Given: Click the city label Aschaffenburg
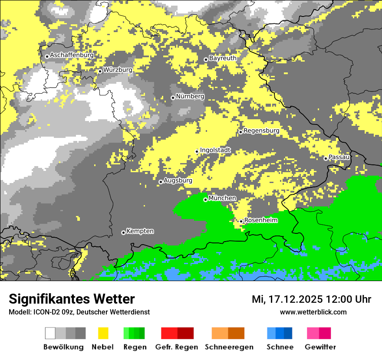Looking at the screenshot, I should coord(72,55).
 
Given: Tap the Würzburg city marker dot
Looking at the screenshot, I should coord(100,71).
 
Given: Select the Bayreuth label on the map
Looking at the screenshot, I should coord(223,58).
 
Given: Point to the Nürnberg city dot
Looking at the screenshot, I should coord(173,98).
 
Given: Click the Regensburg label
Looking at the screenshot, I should coord(261,131).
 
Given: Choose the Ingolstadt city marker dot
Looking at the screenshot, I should coord(197,151).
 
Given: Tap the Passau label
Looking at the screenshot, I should coord(339,157).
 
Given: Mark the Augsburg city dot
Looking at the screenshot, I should coord(161,182).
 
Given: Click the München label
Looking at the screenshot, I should coord(222,198).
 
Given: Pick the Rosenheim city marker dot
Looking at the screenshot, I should coord(241,222).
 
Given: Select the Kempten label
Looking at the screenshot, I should coord(140,231).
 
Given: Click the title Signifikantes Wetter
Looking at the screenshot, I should coord(72,299).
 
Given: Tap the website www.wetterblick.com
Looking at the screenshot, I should coord(313,312).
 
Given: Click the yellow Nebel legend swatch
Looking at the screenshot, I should coord(103,333).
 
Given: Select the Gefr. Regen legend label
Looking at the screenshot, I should coord(176,347).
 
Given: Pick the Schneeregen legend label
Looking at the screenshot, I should coord(229,347).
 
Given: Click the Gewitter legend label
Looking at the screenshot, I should coord(320,347).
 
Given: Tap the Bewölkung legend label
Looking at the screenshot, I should coord(63,347).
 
